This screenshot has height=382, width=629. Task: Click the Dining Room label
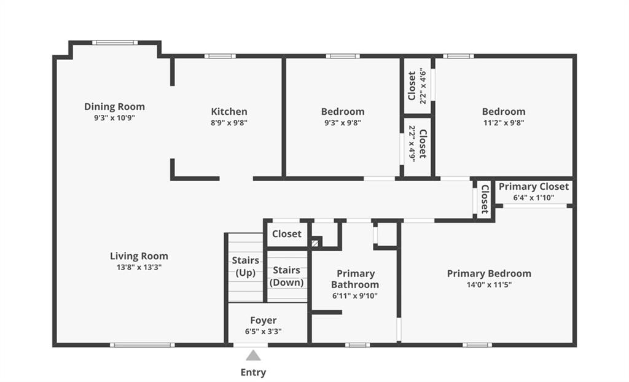(114, 107)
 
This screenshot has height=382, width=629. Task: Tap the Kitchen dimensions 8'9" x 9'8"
(229, 123)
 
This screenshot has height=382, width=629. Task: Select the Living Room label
(139, 256)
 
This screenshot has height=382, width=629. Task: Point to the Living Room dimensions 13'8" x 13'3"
(139, 267)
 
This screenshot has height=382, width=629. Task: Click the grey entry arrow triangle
(253, 356)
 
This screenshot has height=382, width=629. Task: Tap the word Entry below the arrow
(253, 372)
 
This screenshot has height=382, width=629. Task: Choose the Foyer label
(263, 320)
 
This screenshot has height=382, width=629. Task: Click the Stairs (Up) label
(246, 267)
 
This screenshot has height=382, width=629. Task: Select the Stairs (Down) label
(286, 276)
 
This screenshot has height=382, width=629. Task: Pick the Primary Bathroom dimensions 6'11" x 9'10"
(355, 296)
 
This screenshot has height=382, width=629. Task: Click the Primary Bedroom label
(489, 274)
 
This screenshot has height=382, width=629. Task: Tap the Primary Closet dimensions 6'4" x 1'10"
(534, 198)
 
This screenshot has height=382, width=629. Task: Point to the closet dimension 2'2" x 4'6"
(423, 86)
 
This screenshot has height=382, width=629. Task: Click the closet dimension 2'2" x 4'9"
(412, 144)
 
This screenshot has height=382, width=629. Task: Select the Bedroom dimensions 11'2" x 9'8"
(504, 123)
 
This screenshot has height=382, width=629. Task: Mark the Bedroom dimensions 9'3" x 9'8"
(343, 123)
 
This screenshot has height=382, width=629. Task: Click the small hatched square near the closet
(315, 243)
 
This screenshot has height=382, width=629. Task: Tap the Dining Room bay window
(115, 42)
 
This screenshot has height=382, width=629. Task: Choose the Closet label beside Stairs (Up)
(286, 234)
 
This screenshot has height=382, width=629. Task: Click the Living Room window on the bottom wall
(143, 345)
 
